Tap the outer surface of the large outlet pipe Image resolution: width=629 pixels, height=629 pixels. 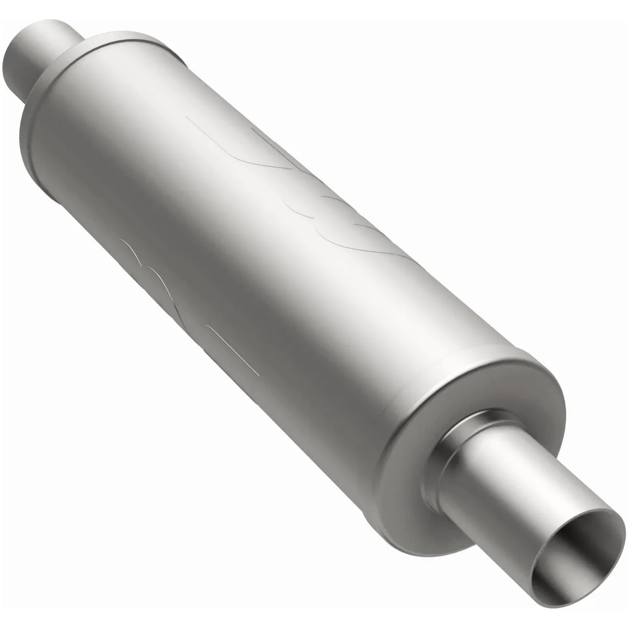coord(524,461)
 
